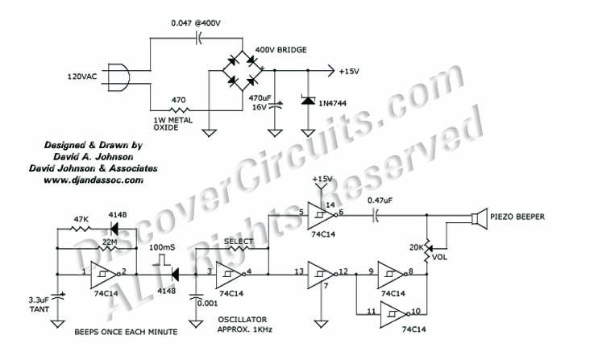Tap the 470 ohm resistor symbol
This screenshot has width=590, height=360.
(x=180, y=110)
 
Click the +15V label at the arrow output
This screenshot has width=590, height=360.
(x=349, y=71)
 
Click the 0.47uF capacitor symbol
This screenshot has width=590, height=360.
(x=376, y=216)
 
